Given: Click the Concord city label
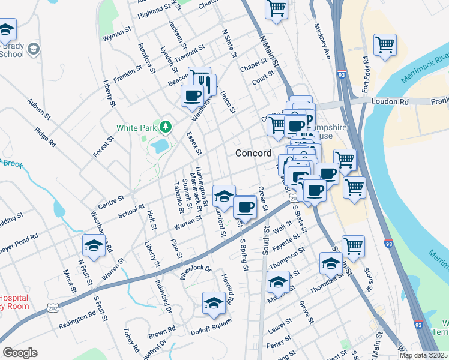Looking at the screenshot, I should pyautogui.click(x=253, y=153).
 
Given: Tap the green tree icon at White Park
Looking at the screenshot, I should pyautogui.click(x=164, y=127).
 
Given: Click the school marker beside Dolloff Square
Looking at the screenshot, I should pyautogui.click(x=213, y=304).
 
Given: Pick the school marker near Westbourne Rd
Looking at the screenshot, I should pyautogui.click(x=94, y=245).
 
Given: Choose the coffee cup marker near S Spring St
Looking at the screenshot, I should pyautogui.click(x=244, y=208).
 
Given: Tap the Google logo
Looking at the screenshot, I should pyautogui.click(x=20, y=353).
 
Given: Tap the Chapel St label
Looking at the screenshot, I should pyautogui.click(x=253, y=65).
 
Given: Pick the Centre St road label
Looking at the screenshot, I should pyautogui.click(x=111, y=200).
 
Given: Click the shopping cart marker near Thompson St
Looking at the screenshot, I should pyautogui.click(x=353, y=245).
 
